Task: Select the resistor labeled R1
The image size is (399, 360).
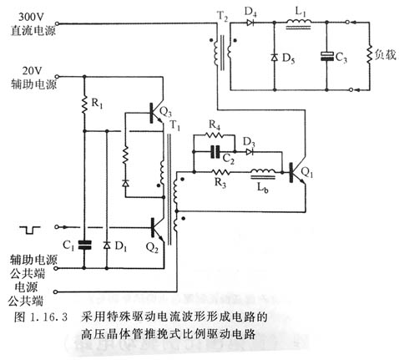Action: [84, 106]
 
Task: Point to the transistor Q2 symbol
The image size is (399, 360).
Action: [154, 226]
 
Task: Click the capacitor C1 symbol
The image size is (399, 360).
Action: [84, 246]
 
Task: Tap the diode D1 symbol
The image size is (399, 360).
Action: [107, 246]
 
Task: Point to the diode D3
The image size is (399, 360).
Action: [248, 153]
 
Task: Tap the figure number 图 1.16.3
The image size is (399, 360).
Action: [38, 317]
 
